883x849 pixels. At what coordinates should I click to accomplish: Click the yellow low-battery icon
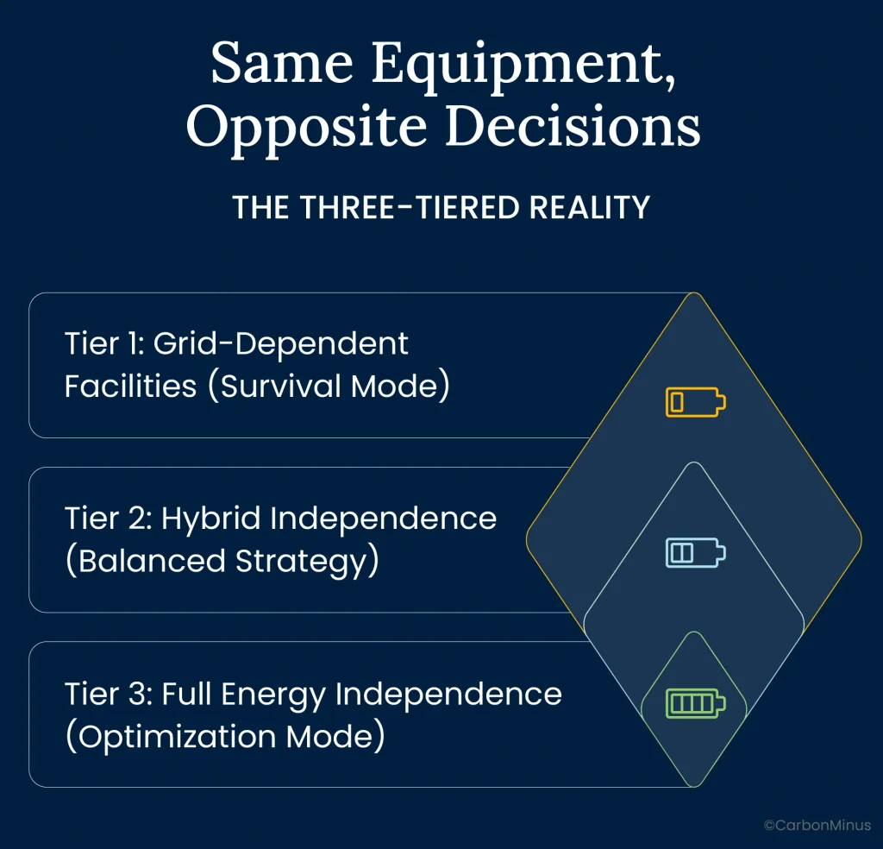click(x=695, y=402)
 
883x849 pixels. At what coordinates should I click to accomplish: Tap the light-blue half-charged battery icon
click(x=695, y=553)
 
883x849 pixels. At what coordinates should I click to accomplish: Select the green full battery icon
click(x=695, y=704)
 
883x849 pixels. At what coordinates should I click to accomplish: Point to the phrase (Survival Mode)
click(x=335, y=387)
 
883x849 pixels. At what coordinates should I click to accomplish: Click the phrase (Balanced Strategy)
click(x=222, y=561)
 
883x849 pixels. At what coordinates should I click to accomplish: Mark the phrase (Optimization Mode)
click(x=224, y=738)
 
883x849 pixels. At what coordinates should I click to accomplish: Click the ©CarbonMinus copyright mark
click(x=817, y=826)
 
